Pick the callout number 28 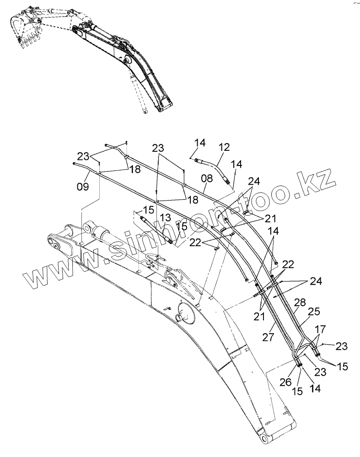coord(300,303)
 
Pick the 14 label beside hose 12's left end coord(199,143)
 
